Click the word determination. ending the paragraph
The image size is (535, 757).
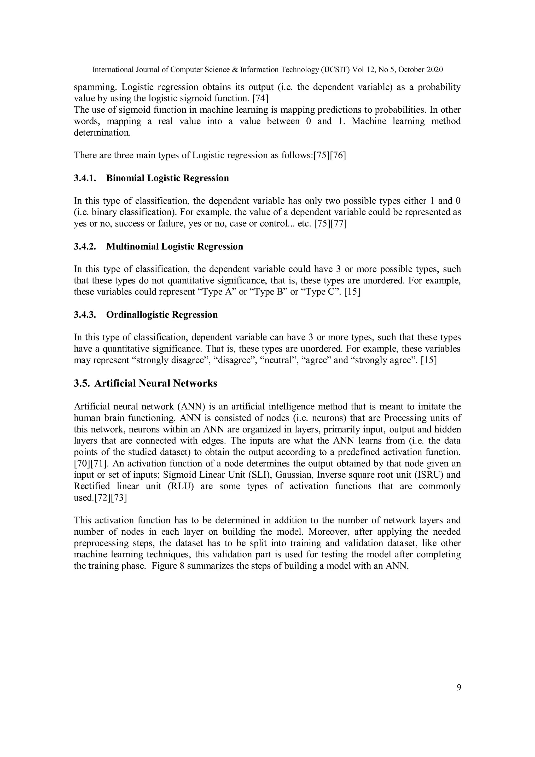102,132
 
